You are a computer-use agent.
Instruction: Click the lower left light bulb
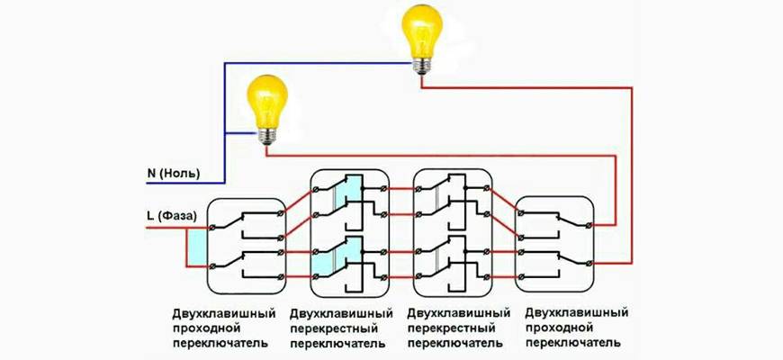[266, 103]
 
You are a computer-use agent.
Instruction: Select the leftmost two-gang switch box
[247, 243]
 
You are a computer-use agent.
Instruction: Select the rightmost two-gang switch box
[555, 243]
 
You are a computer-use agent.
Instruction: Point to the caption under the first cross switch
[342, 328]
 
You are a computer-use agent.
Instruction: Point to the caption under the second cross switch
[459, 328]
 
